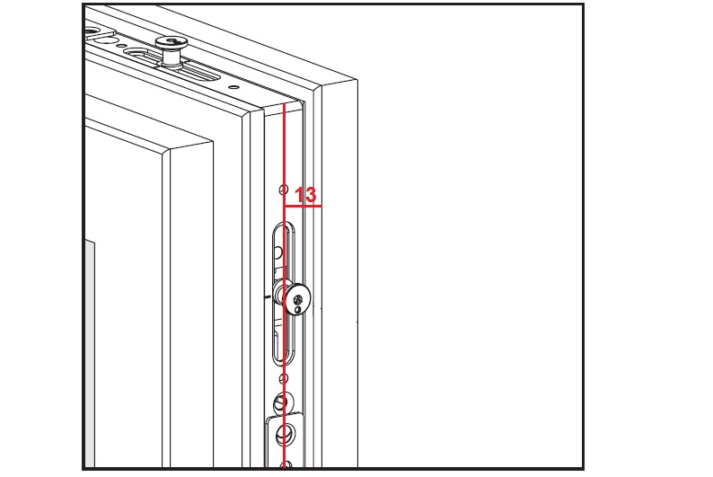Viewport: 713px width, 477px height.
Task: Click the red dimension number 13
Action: tap(305, 195)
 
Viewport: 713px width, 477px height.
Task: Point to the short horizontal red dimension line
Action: tap(303, 206)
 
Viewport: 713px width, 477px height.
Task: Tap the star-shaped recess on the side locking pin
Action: tap(298, 300)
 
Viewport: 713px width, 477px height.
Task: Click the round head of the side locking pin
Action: tap(298, 300)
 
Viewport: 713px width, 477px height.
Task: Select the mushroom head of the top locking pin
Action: tap(172, 43)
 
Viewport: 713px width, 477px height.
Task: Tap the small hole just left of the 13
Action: tap(283, 189)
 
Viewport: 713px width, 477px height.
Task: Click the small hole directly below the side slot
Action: tap(283, 378)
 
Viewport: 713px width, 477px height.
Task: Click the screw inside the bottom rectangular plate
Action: tap(285, 434)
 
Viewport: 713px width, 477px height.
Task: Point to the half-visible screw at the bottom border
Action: tap(286, 464)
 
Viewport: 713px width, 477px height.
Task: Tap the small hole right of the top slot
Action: tap(233, 86)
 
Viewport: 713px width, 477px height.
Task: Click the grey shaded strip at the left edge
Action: tap(90, 353)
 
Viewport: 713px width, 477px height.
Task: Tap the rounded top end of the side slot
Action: tap(284, 225)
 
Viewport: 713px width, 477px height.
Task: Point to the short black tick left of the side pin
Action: tap(268, 297)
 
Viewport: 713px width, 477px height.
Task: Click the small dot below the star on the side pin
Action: tap(298, 310)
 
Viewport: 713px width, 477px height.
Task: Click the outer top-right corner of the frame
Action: tap(357, 81)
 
